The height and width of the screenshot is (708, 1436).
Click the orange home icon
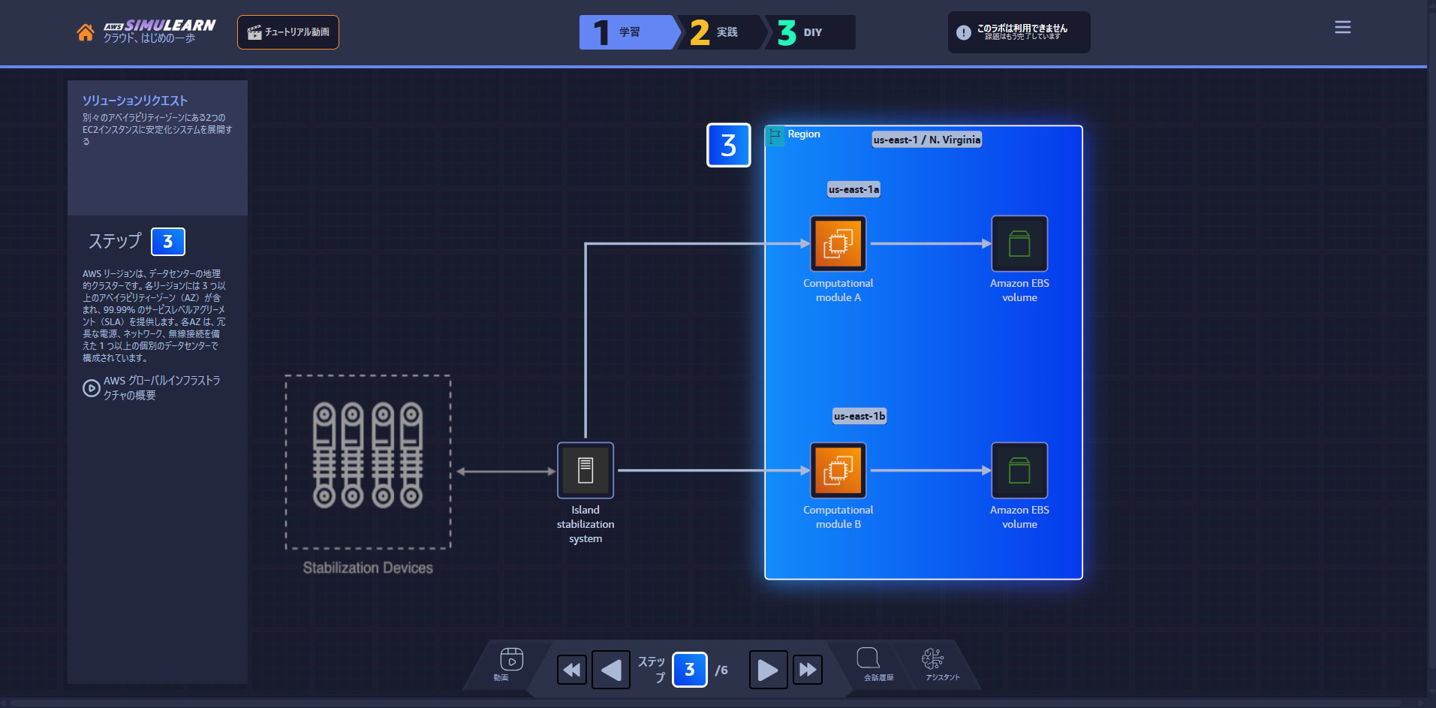86,32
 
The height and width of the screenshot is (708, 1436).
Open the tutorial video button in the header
288,32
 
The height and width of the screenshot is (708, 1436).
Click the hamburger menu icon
1343,27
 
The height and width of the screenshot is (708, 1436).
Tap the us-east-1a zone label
853,189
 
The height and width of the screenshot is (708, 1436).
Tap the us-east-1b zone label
859,416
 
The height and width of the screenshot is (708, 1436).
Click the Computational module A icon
838,243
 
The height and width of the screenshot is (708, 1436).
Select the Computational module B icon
838,470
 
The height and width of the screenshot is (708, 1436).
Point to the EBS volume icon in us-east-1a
1019,243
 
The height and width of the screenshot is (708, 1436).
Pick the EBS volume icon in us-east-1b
1019,470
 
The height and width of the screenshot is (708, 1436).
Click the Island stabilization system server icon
586,470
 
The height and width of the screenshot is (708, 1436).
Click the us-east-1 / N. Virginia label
927,140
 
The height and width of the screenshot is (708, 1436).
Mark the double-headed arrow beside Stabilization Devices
506,471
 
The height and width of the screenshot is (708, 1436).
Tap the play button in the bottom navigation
768,670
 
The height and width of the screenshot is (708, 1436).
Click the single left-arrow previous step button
611,670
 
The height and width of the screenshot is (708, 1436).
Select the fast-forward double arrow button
808,670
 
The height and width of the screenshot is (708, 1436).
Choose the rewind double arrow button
572,670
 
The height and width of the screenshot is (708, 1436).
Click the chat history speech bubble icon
869,658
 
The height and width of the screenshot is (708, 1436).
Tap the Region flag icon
775,136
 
